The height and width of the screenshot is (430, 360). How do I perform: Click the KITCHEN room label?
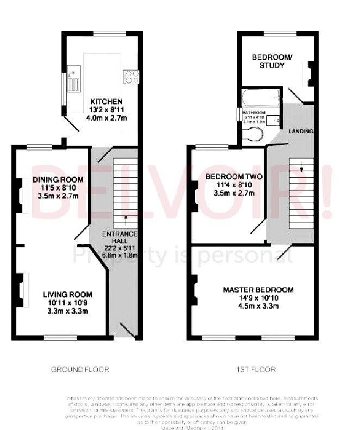(106, 102)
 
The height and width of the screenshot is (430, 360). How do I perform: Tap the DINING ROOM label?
(58, 180)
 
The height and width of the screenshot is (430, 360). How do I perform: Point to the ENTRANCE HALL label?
(122, 238)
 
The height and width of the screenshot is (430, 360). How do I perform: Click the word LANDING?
(301, 132)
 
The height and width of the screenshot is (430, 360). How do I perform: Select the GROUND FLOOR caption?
(80, 370)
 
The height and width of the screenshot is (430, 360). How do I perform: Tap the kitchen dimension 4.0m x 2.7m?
(106, 117)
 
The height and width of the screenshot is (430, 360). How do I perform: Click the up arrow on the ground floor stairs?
(126, 220)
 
